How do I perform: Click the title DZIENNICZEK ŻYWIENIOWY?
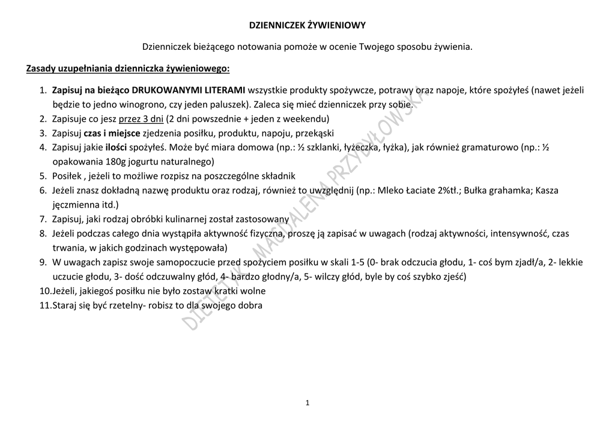307,25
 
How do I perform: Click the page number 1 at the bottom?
307,403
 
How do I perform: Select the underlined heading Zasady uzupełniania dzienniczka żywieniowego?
128,68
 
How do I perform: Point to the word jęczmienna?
76,204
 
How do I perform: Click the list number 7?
43,219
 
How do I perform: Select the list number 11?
44,305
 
